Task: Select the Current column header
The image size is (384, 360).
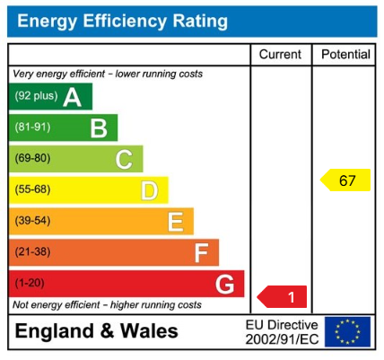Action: tap(280, 55)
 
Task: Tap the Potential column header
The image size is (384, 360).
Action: tap(345, 55)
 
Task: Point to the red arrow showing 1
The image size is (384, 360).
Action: tap(283, 296)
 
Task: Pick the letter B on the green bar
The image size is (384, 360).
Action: tap(98, 128)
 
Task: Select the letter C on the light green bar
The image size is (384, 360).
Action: tap(124, 160)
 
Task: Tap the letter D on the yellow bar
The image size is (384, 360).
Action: tap(149, 190)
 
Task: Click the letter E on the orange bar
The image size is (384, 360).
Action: tap(175, 222)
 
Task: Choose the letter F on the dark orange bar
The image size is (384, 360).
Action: tap(201, 253)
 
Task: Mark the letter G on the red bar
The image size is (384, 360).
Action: tap(226, 285)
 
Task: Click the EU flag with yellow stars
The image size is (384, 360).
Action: tap(347, 332)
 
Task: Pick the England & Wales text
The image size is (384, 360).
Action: tap(97, 331)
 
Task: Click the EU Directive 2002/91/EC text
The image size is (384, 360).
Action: tap(282, 332)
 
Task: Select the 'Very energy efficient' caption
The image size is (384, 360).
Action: tap(107, 74)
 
